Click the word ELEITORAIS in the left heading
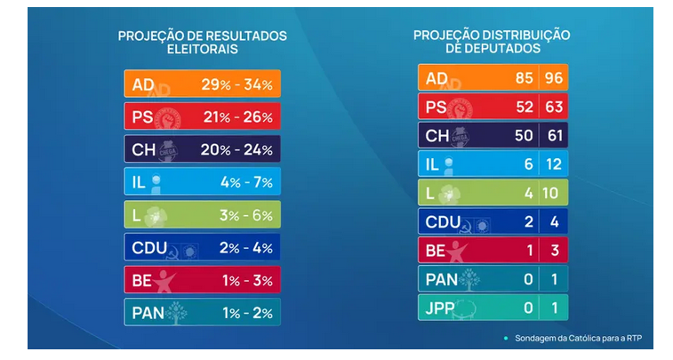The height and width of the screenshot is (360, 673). (202, 50)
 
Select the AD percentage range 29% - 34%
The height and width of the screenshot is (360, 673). (236, 84)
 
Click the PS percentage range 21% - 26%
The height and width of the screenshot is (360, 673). (236, 117)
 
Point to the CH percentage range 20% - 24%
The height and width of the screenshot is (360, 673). (236, 150)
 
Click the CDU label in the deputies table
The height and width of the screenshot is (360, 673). (444, 221)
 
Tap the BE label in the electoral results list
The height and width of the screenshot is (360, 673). (143, 280)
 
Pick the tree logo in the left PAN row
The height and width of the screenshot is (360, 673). (177, 312)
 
